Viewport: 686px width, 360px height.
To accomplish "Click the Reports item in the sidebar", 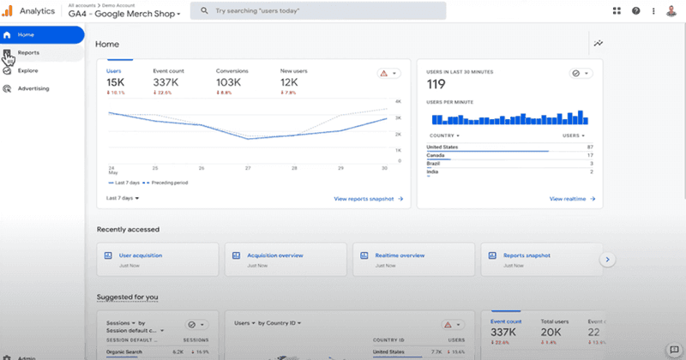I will (28, 53).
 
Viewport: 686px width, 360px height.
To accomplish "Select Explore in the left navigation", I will (27, 70).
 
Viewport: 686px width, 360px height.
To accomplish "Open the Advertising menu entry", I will (33, 88).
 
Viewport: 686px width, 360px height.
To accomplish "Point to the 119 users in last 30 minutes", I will (437, 85).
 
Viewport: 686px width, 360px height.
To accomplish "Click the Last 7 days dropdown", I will (123, 198).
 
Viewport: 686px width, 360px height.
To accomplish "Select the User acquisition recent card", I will (141, 255).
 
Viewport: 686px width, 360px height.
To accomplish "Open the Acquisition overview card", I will (275, 255).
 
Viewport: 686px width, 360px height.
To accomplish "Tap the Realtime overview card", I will (400, 255).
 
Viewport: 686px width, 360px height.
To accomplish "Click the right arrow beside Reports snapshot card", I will (608, 259).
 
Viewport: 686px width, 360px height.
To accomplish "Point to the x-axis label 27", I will (248, 168).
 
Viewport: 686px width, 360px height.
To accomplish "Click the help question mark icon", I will (636, 10).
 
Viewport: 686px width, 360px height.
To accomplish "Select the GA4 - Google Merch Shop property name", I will (123, 15).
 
